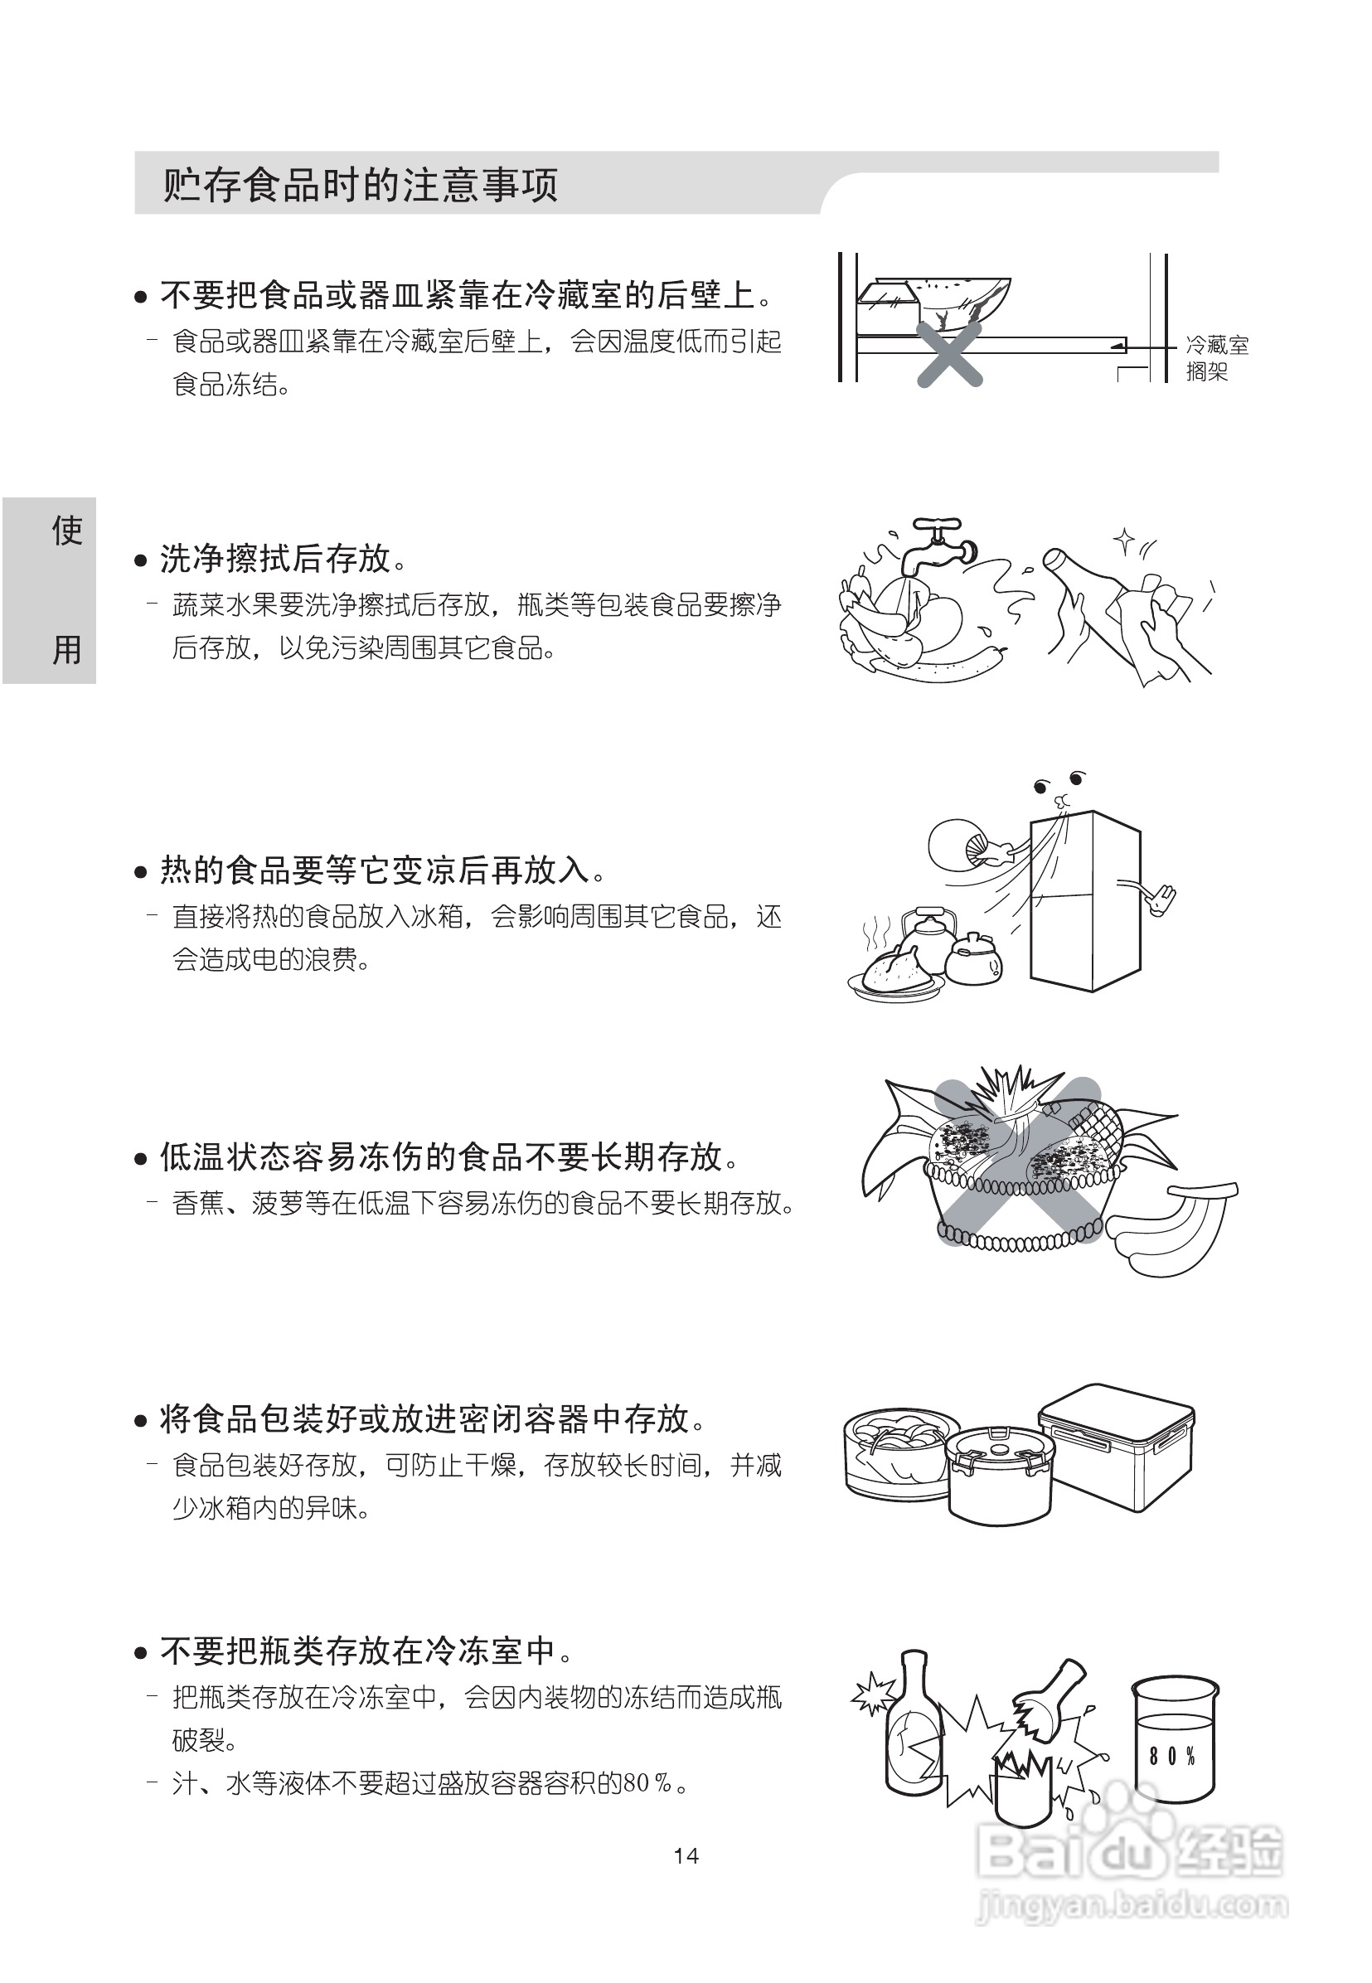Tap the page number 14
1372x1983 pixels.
(686, 1855)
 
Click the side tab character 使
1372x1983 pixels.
(66, 531)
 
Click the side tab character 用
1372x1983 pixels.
(66, 649)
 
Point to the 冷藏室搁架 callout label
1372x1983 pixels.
(1216, 358)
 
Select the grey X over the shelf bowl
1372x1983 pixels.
(949, 352)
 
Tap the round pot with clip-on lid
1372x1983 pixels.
(999, 1474)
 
